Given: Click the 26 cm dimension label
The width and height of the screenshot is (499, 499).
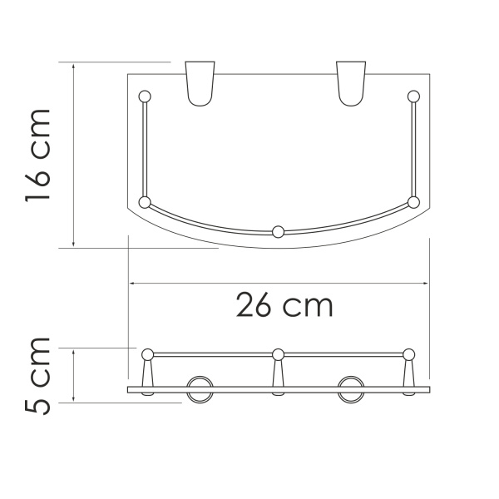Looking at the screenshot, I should (284, 306).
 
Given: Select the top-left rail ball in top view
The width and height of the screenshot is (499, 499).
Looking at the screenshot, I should (145, 95).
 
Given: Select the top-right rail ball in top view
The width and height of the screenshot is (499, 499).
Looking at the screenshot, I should (413, 95).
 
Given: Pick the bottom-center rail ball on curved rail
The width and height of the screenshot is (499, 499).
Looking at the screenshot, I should (279, 231).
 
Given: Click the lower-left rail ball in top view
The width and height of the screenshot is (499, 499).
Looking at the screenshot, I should (145, 202).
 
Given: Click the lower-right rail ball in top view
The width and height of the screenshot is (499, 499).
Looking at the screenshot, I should (413, 202).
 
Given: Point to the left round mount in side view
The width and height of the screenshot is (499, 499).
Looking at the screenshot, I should (199, 388).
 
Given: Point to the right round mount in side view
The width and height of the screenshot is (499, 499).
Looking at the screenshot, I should (350, 388).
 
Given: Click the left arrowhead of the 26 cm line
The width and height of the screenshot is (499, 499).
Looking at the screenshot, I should (132, 284).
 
